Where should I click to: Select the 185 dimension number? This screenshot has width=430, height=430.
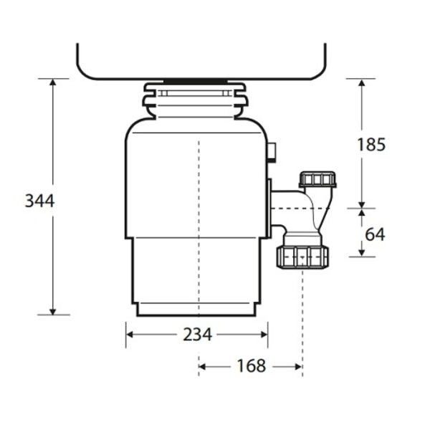371,144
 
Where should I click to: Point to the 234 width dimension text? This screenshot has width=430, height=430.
196,334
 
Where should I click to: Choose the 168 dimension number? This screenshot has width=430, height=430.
250,366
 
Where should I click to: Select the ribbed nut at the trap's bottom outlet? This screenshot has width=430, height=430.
302,256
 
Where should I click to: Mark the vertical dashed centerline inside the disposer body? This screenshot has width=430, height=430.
197,215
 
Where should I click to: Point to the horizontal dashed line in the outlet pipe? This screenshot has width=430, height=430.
294,209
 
